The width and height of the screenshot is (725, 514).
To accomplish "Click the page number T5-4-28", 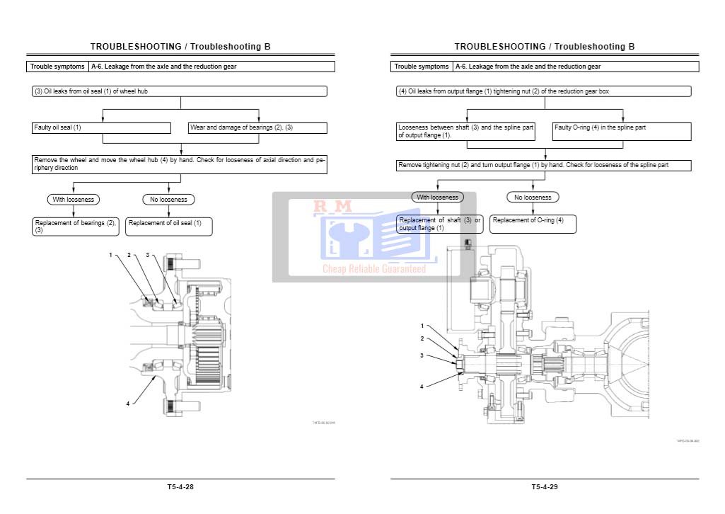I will pyautogui.click(x=180, y=487).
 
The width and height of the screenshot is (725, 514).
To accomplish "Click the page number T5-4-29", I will pyautogui.click(x=545, y=487).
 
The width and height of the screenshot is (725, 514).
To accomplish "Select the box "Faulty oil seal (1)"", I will pyautogui.click(x=101, y=128).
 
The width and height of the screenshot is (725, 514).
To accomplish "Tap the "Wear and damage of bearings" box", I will pyautogui.click(x=257, y=128).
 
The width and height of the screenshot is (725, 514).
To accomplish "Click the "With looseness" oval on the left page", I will pyautogui.click(x=74, y=200).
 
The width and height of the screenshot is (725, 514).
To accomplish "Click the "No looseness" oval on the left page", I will pyautogui.click(x=168, y=200).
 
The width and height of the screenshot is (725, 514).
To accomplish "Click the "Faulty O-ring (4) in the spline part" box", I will pyautogui.click(x=622, y=131).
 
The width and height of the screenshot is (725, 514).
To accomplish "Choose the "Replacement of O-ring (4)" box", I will pyautogui.click(x=533, y=224).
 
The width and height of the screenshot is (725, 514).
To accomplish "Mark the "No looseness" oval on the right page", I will pyautogui.click(x=533, y=198).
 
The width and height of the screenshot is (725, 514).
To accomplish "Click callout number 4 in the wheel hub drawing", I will pyautogui.click(x=128, y=404).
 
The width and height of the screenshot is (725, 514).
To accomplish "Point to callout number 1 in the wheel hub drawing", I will pyautogui.click(x=110, y=255).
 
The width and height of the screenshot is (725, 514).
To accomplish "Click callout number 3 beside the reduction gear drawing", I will pyautogui.click(x=422, y=355).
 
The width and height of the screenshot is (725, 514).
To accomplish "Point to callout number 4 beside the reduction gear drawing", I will pyautogui.click(x=422, y=387).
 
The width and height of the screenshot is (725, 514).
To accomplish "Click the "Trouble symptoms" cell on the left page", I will pyautogui.click(x=58, y=67).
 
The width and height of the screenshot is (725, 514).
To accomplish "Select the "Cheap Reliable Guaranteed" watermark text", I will pyautogui.click(x=374, y=269).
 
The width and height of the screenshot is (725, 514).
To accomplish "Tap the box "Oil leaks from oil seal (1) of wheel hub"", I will pyautogui.click(x=180, y=91).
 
